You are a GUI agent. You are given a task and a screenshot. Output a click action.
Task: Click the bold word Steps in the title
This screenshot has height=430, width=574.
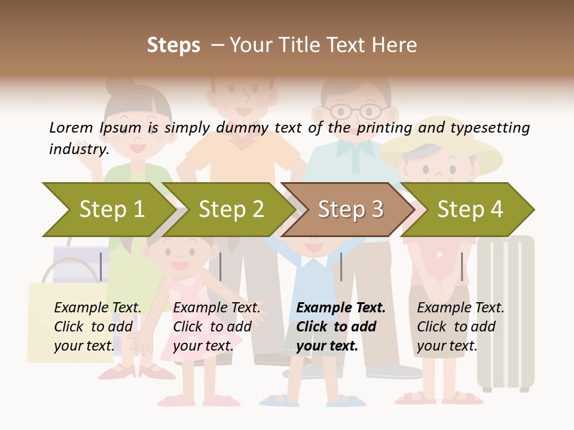click(173, 45)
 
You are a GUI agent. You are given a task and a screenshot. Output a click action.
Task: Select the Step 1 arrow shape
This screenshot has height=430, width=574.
click(108, 210)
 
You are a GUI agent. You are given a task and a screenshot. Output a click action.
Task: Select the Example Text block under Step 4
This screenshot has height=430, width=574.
click(460, 327)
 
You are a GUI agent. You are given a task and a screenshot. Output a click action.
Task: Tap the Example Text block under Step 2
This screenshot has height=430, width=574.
click(216, 327)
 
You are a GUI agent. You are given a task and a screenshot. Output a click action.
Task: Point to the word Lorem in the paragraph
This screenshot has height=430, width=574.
click(71, 128)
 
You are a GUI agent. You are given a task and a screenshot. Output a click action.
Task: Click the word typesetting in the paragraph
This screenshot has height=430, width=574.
click(490, 128)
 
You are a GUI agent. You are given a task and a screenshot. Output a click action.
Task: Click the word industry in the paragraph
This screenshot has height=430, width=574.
click(78, 149)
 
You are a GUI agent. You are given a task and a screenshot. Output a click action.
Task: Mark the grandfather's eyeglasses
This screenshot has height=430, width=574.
click(356, 111)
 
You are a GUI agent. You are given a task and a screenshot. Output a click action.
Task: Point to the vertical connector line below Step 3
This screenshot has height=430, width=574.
click(341, 266)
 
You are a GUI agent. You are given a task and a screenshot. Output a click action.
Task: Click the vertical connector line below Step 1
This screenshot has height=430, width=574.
click(100, 266)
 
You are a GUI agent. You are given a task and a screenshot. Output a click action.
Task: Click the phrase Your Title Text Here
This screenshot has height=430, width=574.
click(323, 45)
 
